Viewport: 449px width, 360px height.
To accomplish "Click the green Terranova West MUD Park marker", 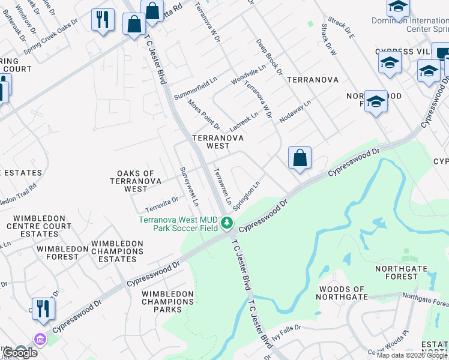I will click(x=226, y=224).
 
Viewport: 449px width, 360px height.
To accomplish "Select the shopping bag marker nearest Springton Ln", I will click(x=300, y=159).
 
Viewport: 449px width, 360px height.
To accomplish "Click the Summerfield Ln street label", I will click(x=195, y=88).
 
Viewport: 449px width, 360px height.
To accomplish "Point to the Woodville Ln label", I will click(x=248, y=76).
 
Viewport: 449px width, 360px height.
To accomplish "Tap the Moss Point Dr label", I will click(x=203, y=115).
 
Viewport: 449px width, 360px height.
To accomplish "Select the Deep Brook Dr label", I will click(x=269, y=57).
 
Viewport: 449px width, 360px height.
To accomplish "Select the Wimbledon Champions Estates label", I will click(x=117, y=251).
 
